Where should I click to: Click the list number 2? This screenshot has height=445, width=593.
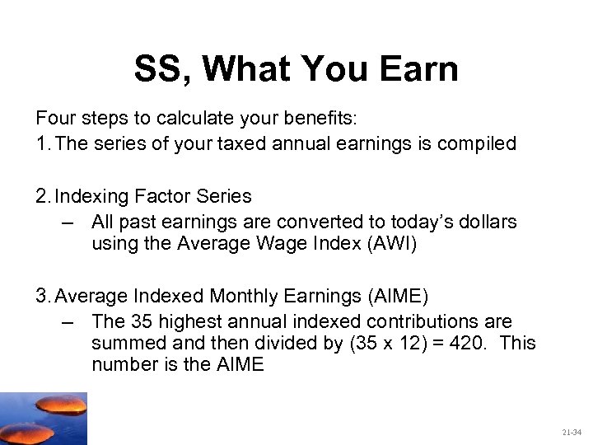[41, 196]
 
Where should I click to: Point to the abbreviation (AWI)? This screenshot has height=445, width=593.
[386, 244]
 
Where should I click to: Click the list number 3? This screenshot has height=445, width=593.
[41, 296]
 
